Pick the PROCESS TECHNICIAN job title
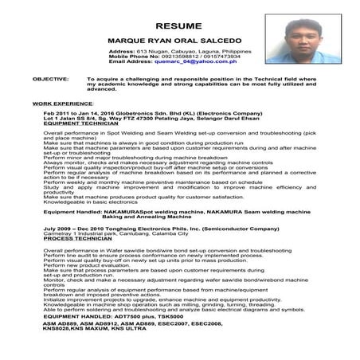[x=80, y=237]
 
